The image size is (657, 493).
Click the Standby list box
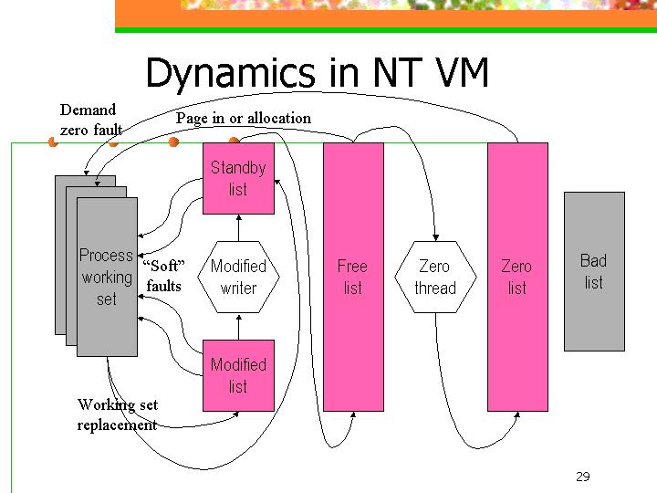point(238,179)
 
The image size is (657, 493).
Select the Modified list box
point(238,375)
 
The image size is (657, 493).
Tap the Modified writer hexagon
point(238,278)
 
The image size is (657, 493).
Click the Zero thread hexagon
point(435,278)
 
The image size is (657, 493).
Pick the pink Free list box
point(353,278)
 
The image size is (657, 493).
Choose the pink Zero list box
point(517,278)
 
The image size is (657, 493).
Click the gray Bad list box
point(594,272)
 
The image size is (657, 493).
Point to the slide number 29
point(583,477)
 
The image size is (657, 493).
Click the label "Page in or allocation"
point(244,118)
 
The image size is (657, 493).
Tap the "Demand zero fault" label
point(91,120)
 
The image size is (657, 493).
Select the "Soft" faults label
point(163,276)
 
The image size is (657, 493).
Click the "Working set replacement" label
point(118,414)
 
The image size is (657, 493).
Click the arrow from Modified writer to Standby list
point(239,227)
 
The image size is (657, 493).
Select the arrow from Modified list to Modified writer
point(239,327)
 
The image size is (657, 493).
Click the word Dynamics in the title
point(231,72)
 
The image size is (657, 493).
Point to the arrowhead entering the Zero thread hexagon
point(436,237)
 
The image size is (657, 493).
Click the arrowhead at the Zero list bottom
point(517,414)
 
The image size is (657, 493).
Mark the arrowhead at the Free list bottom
point(353,414)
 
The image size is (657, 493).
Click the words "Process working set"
point(107,278)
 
